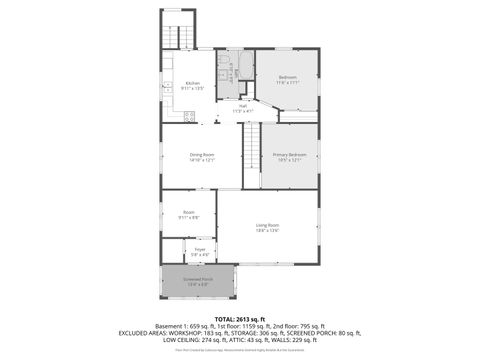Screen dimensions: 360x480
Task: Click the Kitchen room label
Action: pyautogui.click(x=191, y=83)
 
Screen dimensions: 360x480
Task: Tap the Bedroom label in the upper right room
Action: pyautogui.click(x=287, y=77)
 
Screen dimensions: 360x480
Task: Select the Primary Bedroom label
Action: pyautogui.click(x=290, y=155)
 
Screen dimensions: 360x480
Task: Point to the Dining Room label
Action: pyautogui.click(x=202, y=155)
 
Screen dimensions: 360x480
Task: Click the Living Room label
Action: pyautogui.click(x=267, y=225)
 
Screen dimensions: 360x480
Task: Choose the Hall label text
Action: pyautogui.click(x=243, y=105)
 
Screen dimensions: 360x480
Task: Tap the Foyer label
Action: pyautogui.click(x=200, y=249)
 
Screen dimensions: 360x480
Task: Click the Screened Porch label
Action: pyautogui.click(x=197, y=279)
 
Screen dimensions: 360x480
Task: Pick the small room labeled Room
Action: pyautogui.click(x=188, y=212)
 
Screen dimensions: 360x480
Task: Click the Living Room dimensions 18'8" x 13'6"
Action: pyautogui.click(x=267, y=231)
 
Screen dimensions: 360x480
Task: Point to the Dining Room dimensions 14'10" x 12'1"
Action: pyautogui.click(x=202, y=161)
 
